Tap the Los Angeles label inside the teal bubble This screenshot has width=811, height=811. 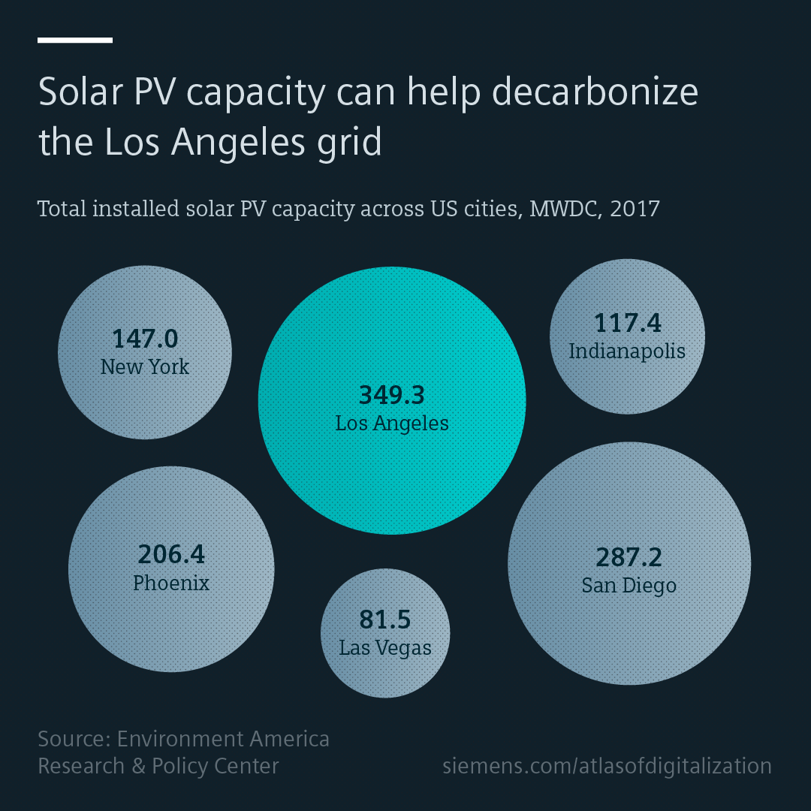pyautogui.click(x=391, y=424)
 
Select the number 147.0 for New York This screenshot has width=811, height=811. pyautogui.click(x=145, y=339)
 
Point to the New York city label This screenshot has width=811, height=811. pyautogui.click(x=145, y=367)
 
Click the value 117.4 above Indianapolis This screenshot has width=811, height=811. pyautogui.click(x=627, y=323)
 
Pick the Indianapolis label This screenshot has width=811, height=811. pyautogui.click(x=627, y=351)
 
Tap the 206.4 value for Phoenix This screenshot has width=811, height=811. pyautogui.click(x=171, y=555)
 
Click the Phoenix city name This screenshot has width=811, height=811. pyautogui.click(x=171, y=583)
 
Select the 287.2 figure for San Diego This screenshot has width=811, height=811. pyautogui.click(x=629, y=558)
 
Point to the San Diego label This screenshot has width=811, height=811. pyautogui.click(x=629, y=586)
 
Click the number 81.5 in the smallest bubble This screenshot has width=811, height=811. pyautogui.click(x=385, y=620)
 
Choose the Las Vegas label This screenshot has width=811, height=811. pyautogui.click(x=385, y=648)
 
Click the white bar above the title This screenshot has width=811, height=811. pyautogui.click(x=75, y=40)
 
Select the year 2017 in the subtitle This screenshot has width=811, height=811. pyautogui.click(x=635, y=208)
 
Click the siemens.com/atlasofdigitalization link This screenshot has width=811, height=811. pyautogui.click(x=607, y=766)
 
